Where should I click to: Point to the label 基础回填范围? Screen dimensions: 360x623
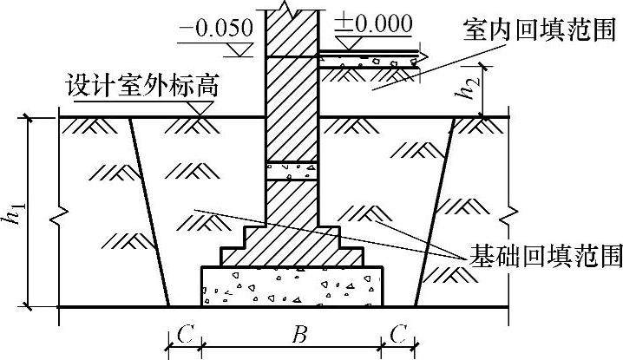pos(545,255)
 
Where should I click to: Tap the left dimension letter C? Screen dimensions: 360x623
pos(183,334)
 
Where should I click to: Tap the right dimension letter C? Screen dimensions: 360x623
pos(398,334)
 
